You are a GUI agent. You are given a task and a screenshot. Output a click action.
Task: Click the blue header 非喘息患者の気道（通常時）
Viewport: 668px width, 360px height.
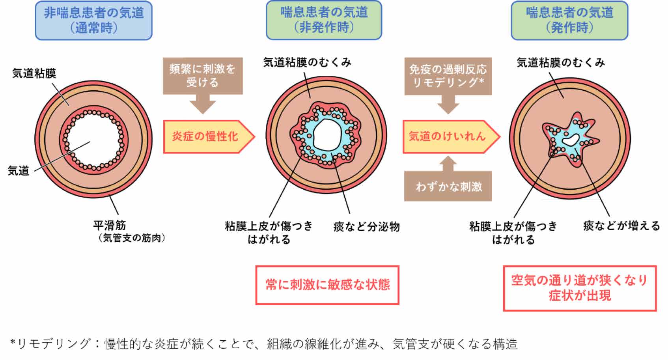click(93, 21)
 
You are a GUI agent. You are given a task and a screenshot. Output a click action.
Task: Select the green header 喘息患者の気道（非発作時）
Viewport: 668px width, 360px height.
click(324, 20)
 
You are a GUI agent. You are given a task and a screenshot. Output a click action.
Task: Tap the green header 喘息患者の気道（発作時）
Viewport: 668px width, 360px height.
click(569, 21)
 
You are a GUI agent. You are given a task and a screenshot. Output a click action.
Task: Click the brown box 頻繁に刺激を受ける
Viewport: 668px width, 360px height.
click(203, 76)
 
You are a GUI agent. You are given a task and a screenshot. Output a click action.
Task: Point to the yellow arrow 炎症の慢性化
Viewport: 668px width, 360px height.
click(205, 136)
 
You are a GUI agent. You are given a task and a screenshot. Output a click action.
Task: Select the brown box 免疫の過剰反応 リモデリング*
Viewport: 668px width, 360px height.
click(448, 76)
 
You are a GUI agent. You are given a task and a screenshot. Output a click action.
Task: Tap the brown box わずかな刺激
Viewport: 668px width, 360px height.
click(448, 186)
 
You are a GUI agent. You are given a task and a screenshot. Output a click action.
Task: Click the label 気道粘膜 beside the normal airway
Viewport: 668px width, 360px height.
click(34, 73)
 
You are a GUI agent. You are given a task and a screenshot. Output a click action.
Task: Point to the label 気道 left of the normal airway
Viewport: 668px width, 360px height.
click(19, 171)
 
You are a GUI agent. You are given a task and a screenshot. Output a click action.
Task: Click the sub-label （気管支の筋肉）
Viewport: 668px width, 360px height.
click(132, 238)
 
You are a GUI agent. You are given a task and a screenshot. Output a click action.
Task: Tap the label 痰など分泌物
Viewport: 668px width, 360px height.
click(366, 227)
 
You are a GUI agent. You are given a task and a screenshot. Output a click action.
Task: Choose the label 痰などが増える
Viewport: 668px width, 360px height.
click(621, 226)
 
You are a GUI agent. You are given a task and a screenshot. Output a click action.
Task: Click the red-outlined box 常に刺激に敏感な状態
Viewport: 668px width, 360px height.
click(327, 285)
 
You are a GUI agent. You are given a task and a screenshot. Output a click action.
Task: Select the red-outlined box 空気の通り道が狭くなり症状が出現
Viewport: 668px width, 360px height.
click(580, 288)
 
